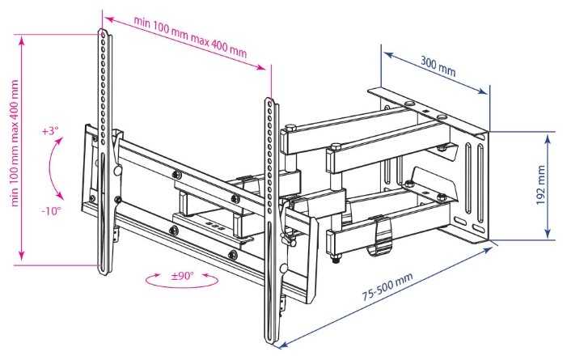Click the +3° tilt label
(x=51, y=130)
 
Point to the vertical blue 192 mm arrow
(x=550, y=186)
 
